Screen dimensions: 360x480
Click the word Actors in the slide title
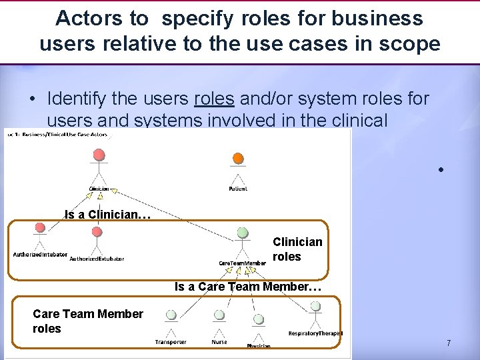coord(84,19)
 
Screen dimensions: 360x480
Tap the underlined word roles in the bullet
coord(214,99)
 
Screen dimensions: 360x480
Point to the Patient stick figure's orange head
coord(238,158)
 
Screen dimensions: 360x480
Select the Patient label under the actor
coord(238,189)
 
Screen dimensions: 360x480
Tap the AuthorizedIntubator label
coord(40,255)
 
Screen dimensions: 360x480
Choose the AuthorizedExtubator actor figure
coord(97,240)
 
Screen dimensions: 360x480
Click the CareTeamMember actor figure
coord(243,243)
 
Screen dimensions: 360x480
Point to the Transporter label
coord(171,342)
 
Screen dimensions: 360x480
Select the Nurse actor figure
coord(219,322)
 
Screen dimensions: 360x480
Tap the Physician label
coord(259,346)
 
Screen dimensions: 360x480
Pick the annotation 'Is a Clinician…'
coord(108,215)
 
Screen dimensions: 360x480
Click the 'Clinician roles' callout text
coord(297,249)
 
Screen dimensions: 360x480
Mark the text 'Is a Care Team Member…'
coord(248,287)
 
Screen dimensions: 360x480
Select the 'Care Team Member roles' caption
coord(87,321)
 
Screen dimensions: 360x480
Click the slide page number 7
coord(449,343)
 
